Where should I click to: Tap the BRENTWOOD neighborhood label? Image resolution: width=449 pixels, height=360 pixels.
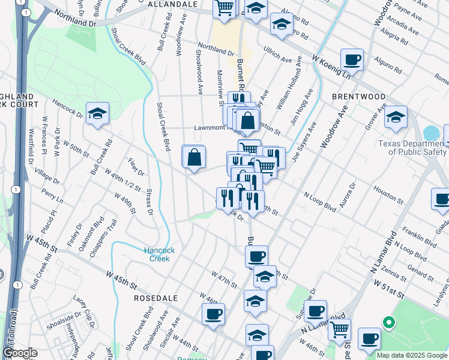tap(359, 97)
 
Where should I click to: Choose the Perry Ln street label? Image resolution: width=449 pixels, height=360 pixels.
tap(52, 195)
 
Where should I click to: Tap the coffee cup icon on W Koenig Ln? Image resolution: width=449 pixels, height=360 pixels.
tap(352, 59)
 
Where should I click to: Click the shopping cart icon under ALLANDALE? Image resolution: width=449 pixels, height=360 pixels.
tap(224, 9)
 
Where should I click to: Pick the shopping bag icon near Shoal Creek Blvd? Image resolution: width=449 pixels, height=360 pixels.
tap(194, 158)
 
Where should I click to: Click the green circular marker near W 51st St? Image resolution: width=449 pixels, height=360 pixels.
tap(388, 323)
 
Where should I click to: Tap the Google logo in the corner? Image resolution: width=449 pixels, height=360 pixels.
tap(19, 353)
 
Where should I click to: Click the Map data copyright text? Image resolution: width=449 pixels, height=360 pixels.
tap(412, 355)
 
